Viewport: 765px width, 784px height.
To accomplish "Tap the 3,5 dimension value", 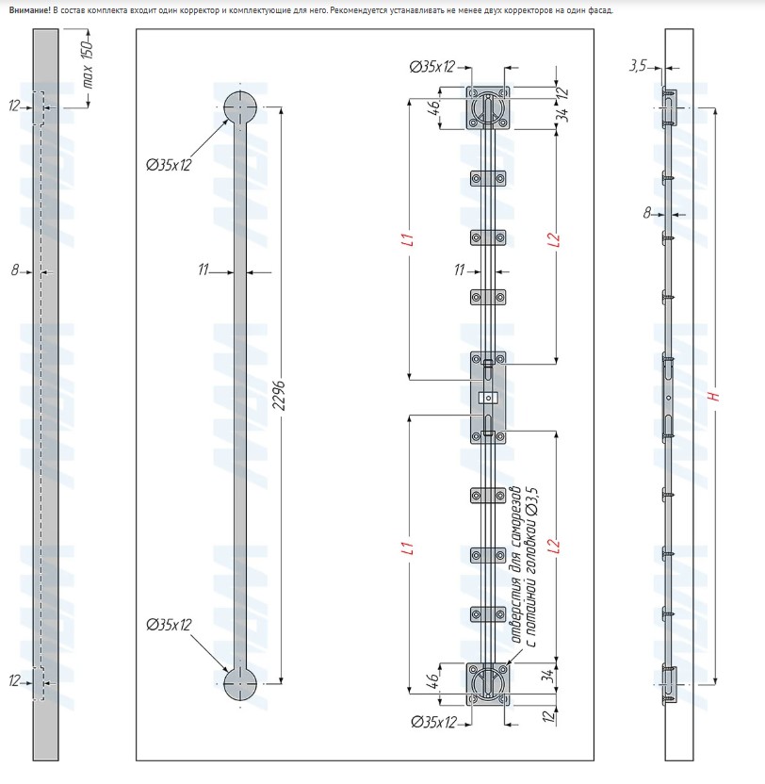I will [638, 65].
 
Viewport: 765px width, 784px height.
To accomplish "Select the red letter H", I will [715, 396].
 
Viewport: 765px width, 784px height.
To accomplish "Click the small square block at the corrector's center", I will [488, 398].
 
